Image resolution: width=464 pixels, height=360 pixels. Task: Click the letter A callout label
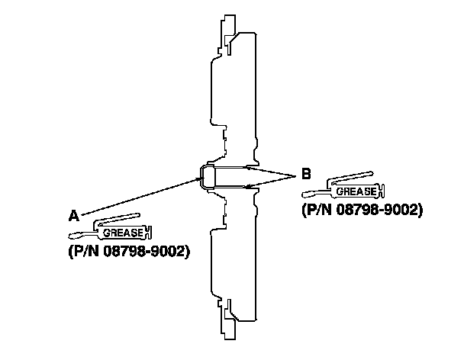(74, 216)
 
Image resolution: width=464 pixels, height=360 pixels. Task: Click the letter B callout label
(306, 174)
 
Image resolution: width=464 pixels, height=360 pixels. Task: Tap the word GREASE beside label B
(356, 192)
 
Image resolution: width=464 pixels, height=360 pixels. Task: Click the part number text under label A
(127, 251)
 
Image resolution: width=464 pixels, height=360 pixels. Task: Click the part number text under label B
(362, 209)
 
